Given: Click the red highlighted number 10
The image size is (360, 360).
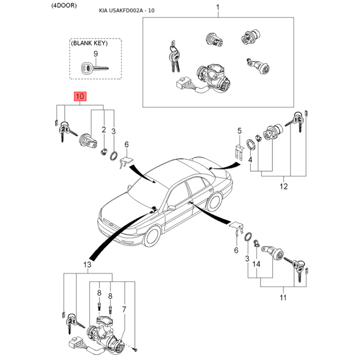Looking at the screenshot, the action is click(x=80, y=96).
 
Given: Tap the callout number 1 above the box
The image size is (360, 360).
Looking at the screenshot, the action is click(x=218, y=7).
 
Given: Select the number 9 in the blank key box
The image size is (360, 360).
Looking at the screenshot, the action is click(x=96, y=54).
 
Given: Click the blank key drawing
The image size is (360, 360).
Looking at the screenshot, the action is click(x=94, y=68).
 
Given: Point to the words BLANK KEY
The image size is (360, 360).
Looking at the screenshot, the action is click(x=89, y=43).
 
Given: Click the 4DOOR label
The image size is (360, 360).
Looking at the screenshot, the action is click(x=64, y=5).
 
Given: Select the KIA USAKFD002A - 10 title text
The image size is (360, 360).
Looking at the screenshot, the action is click(x=127, y=10).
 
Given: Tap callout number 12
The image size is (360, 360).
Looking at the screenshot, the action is click(x=283, y=186).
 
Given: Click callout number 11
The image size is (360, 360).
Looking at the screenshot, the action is click(x=283, y=297).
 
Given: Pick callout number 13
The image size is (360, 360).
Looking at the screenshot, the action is click(x=87, y=265).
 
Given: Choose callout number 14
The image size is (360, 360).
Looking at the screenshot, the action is click(x=256, y=264).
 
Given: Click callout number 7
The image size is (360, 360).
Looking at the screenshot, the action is click(x=124, y=310).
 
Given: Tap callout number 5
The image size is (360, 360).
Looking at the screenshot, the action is click(x=239, y=131).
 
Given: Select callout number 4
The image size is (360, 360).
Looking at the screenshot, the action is click(x=250, y=159).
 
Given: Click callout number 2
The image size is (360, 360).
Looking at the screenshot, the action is click(x=104, y=130).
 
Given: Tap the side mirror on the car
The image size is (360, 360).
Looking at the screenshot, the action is click(x=171, y=208).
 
